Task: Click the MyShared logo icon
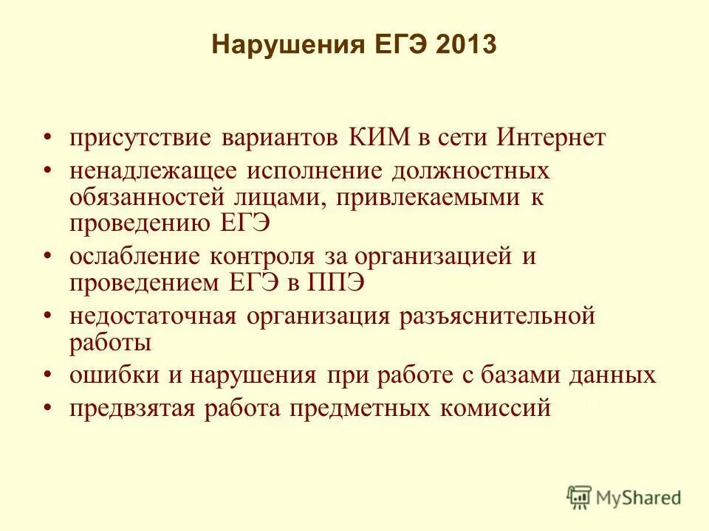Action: pyautogui.click(x=580, y=498)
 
